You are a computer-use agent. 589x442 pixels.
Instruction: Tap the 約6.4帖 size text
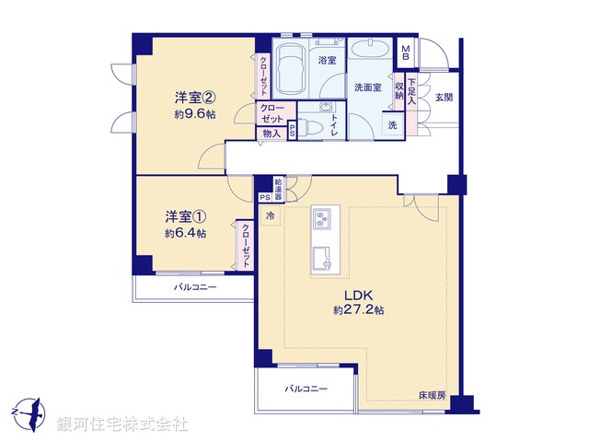click(x=186, y=234)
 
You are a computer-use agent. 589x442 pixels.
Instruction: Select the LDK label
click(x=359, y=295)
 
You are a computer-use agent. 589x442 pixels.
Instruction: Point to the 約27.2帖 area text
click(x=359, y=311)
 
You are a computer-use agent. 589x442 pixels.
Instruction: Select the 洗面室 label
click(x=368, y=87)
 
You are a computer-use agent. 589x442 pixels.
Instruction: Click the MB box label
click(x=406, y=52)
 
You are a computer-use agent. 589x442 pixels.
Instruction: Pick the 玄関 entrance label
click(x=444, y=97)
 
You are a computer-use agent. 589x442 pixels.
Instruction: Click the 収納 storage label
click(x=399, y=90)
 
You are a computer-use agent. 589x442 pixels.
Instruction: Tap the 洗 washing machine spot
click(x=393, y=125)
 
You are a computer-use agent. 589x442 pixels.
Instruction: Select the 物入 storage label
click(x=271, y=134)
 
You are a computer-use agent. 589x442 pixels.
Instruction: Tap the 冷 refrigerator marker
click(x=271, y=215)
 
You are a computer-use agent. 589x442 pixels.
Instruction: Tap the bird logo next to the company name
click(x=29, y=411)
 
